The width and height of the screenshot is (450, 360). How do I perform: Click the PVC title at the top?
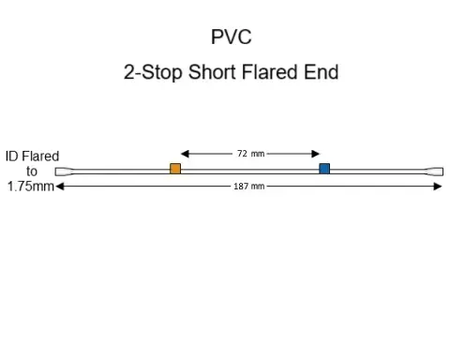tap(231, 37)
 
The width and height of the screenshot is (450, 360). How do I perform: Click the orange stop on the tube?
tap(175, 169)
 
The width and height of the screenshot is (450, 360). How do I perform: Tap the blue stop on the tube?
tap(324, 169)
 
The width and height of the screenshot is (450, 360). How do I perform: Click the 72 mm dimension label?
tap(250, 153)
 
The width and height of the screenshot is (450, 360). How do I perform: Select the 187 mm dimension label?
tap(248, 187)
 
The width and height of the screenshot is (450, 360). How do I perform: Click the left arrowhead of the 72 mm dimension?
tap(185, 153)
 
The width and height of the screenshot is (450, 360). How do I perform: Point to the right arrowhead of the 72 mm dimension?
tap(317, 153)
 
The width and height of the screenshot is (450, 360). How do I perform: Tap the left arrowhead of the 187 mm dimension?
tap(59, 187)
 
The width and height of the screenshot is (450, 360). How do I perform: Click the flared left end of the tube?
tap(64, 172)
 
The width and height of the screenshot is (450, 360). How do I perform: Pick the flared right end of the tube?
tap(435, 172)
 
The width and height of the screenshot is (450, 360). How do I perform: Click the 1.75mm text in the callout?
tap(30, 187)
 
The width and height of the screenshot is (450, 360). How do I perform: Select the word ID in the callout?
tap(12, 156)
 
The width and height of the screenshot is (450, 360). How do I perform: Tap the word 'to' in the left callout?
tap(32, 172)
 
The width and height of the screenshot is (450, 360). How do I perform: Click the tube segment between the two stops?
tap(249, 170)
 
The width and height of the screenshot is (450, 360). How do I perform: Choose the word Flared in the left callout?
tap(41, 156)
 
